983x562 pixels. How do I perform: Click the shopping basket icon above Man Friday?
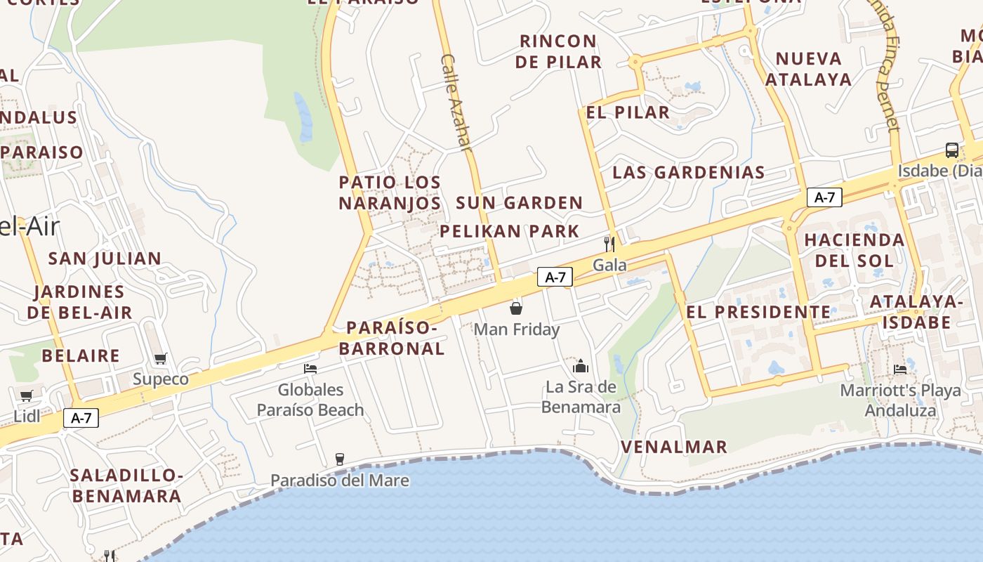[x=515, y=308]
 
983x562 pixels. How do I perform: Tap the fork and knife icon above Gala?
[x=609, y=244]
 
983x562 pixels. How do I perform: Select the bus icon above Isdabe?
[x=951, y=150]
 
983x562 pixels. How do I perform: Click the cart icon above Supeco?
[x=161, y=358]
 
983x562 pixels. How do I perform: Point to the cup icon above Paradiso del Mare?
[x=340, y=459]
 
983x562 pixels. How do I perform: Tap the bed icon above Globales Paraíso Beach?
[x=310, y=368]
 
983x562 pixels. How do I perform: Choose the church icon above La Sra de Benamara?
[x=581, y=366]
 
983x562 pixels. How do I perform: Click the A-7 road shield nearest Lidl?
[x=81, y=418]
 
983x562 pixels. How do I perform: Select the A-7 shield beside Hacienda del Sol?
[x=824, y=197]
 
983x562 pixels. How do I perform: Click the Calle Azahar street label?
[x=455, y=103]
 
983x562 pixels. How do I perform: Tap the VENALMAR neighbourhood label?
[x=674, y=447]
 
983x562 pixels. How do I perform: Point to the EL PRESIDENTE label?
[x=758, y=313]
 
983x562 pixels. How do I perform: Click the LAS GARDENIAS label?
[x=689, y=172]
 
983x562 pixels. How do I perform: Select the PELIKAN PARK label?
[x=510, y=231]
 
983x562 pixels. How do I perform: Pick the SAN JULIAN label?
[x=105, y=258]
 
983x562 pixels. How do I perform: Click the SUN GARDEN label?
[x=520, y=203]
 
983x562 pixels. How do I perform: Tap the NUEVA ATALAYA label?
[x=808, y=69]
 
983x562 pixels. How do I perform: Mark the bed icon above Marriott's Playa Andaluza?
[x=899, y=370]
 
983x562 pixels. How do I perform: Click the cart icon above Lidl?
[x=27, y=396]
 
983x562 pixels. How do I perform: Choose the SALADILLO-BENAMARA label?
[x=126, y=485]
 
